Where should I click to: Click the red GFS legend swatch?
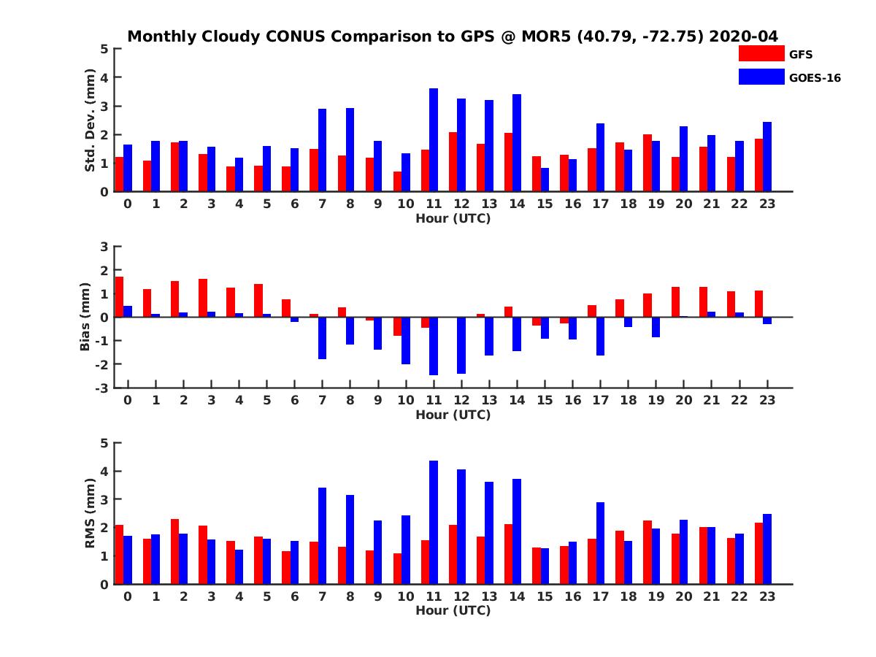[760, 53]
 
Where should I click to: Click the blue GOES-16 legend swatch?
[760, 77]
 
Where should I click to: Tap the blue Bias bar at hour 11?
[434, 346]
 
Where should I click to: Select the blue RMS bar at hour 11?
[434, 523]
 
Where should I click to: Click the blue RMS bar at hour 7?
[322, 536]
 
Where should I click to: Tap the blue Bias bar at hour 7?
[322, 338]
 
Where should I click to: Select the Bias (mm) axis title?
[85, 317]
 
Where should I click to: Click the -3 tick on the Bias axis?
[104, 388]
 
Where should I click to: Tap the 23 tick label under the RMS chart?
[766, 596]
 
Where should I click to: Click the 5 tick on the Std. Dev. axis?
[105, 49]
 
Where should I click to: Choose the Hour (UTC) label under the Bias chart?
[453, 415]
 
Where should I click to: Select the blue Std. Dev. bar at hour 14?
[517, 143]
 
